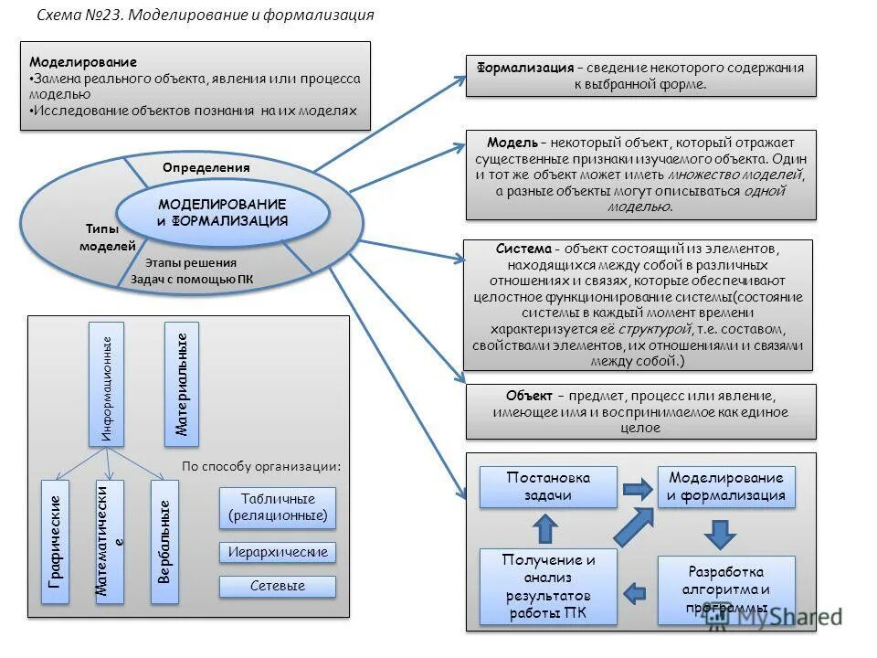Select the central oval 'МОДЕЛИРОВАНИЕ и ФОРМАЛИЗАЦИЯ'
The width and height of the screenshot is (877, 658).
point(222,212)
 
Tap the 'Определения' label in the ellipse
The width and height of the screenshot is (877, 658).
point(206,168)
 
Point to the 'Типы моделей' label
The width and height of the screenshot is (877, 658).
point(107,238)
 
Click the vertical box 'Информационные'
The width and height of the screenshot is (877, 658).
point(106,384)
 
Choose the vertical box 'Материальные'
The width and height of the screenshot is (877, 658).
point(181,384)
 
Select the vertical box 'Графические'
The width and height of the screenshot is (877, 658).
point(56,541)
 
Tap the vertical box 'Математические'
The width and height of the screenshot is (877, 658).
point(110,541)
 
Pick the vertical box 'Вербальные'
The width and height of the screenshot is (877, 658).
point(164,541)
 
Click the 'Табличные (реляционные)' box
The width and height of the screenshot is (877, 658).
point(278,507)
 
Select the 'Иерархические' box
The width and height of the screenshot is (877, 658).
point(278,552)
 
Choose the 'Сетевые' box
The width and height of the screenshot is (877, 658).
point(278,586)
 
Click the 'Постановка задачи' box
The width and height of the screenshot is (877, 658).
point(548,486)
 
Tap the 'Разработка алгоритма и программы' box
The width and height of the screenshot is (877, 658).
point(726,590)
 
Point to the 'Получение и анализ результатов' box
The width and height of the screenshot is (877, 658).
point(548,586)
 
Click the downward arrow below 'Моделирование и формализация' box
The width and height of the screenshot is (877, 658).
point(722,533)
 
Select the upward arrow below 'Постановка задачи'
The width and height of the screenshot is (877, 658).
point(544,527)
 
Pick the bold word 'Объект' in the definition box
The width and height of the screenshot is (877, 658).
point(528,396)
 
